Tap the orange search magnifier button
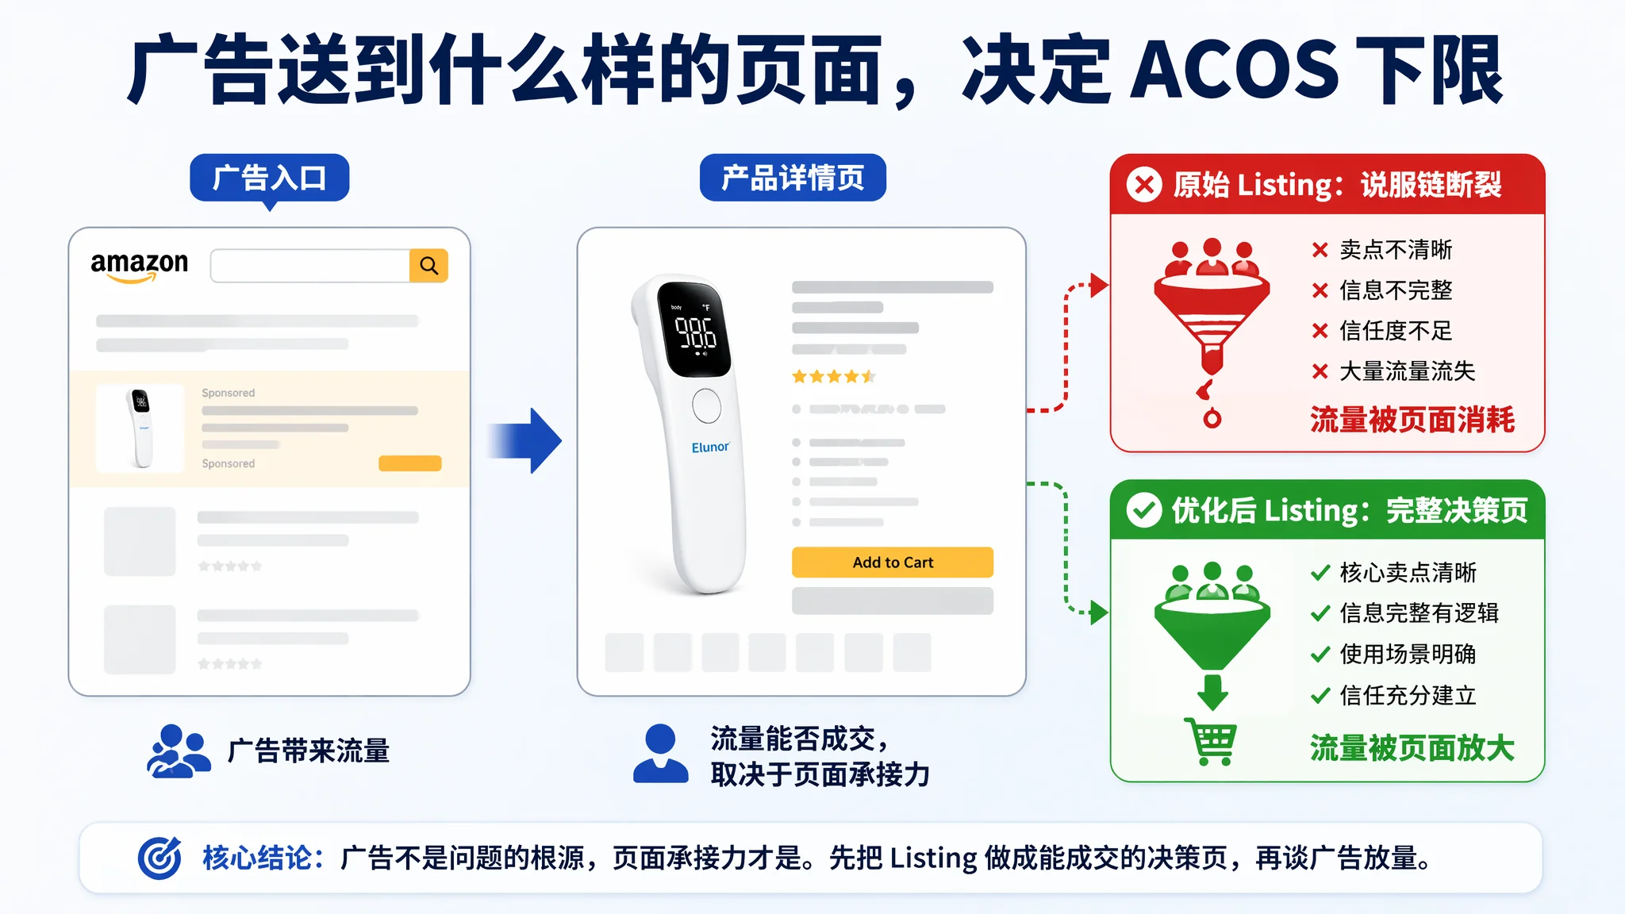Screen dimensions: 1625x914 point(428,266)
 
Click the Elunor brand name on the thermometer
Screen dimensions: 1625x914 point(710,447)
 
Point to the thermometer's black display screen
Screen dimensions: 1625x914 point(694,328)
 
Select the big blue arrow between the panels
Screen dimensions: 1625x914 point(524,440)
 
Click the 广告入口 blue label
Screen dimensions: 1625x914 point(270,178)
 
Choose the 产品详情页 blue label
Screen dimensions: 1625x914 point(793,178)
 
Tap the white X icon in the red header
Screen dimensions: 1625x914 point(1144,185)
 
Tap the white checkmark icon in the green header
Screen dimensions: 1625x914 point(1144,510)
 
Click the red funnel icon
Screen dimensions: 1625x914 point(1212,317)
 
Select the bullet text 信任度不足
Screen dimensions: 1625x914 point(1396,330)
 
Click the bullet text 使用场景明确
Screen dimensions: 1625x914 point(1408,654)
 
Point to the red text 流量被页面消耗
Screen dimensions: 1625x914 point(1412,420)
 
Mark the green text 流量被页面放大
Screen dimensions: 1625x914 point(1412,748)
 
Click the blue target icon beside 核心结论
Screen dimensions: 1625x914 point(159,858)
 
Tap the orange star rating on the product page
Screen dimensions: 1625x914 point(833,377)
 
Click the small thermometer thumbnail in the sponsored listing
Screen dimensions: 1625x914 point(140,428)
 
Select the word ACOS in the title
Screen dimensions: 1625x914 point(1234,70)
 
